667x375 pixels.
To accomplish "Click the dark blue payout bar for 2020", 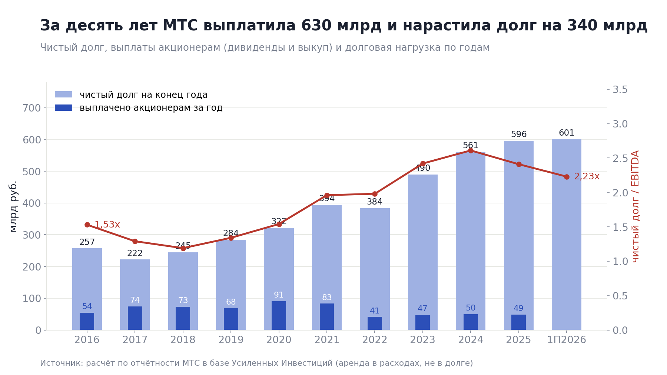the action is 279,315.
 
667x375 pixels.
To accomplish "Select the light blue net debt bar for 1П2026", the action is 567,235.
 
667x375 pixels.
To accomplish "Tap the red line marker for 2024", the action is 471,150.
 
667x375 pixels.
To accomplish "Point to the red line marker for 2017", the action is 135,241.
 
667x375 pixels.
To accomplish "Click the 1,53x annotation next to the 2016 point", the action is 107,225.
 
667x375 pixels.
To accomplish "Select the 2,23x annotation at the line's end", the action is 587,177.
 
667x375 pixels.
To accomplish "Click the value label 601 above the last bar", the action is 567,133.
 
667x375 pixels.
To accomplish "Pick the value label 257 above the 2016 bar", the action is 87,242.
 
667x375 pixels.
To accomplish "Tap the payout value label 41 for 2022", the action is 375,311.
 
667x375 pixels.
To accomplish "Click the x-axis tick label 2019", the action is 231,340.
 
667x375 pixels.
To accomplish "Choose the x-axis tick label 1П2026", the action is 567,340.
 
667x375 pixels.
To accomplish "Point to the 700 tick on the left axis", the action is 31,108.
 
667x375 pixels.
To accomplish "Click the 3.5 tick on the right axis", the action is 620,90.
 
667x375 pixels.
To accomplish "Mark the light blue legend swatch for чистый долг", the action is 63,94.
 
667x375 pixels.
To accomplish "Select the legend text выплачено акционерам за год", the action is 151,108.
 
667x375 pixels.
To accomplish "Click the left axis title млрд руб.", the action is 13,206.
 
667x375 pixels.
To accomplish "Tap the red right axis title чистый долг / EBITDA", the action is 636,206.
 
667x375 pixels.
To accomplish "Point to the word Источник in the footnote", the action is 61,363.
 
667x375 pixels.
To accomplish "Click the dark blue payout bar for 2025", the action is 518,322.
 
